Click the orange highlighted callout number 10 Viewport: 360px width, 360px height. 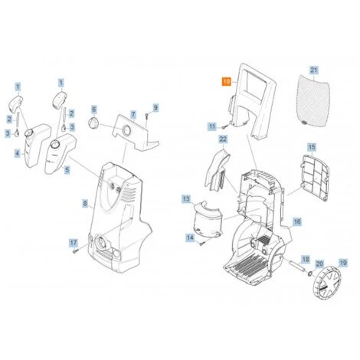pos(227,82)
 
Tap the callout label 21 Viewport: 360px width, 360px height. pos(314,70)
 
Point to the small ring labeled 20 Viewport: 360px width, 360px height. pos(309,274)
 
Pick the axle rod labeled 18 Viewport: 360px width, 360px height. pos(296,266)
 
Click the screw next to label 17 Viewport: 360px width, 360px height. pos(74,251)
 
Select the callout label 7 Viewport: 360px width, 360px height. pos(133,115)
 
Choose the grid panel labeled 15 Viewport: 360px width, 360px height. pos(315,178)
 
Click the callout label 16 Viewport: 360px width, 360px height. pos(297,221)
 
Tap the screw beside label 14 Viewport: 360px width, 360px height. pos(201,244)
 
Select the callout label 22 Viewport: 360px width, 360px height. pos(223,139)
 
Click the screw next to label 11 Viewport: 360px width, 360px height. pos(223,126)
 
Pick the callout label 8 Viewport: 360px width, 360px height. pos(85,204)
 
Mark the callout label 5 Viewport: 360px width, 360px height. pos(67,169)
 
